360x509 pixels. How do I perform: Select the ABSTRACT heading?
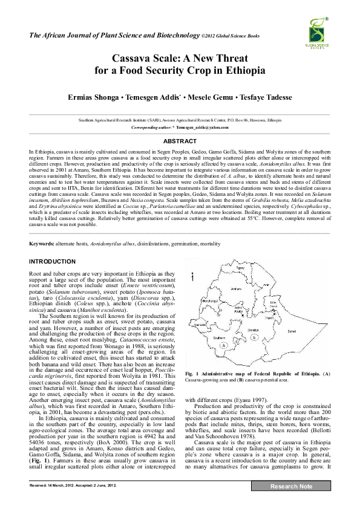[x=180, y=141]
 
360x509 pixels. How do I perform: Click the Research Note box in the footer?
[x=291, y=486]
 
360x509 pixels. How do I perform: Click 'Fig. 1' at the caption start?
[x=192, y=375]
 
